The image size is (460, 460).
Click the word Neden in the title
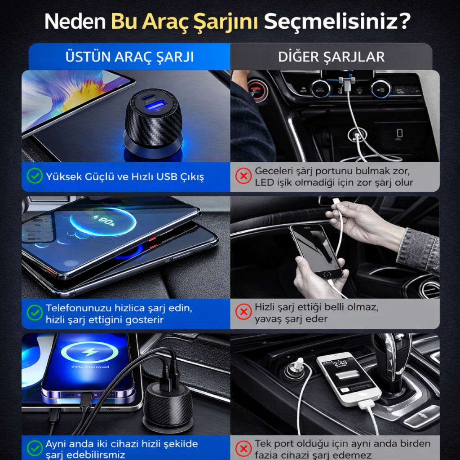click(75, 22)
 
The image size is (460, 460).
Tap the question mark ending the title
click(405, 21)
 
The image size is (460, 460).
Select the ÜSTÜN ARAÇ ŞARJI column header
click(129, 57)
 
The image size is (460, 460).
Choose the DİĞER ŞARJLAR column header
click(331, 57)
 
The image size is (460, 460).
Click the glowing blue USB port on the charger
click(155, 106)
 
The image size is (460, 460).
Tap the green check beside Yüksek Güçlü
click(35, 176)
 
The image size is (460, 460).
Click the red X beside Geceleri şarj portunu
click(243, 176)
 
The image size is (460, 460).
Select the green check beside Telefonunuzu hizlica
click(35, 313)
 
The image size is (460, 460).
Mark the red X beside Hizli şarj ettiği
click(243, 312)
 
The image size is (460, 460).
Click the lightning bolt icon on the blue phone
click(90, 351)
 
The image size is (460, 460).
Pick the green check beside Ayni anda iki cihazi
click(35, 448)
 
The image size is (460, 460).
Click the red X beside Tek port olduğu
click(243, 449)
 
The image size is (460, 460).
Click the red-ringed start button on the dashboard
click(257, 90)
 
